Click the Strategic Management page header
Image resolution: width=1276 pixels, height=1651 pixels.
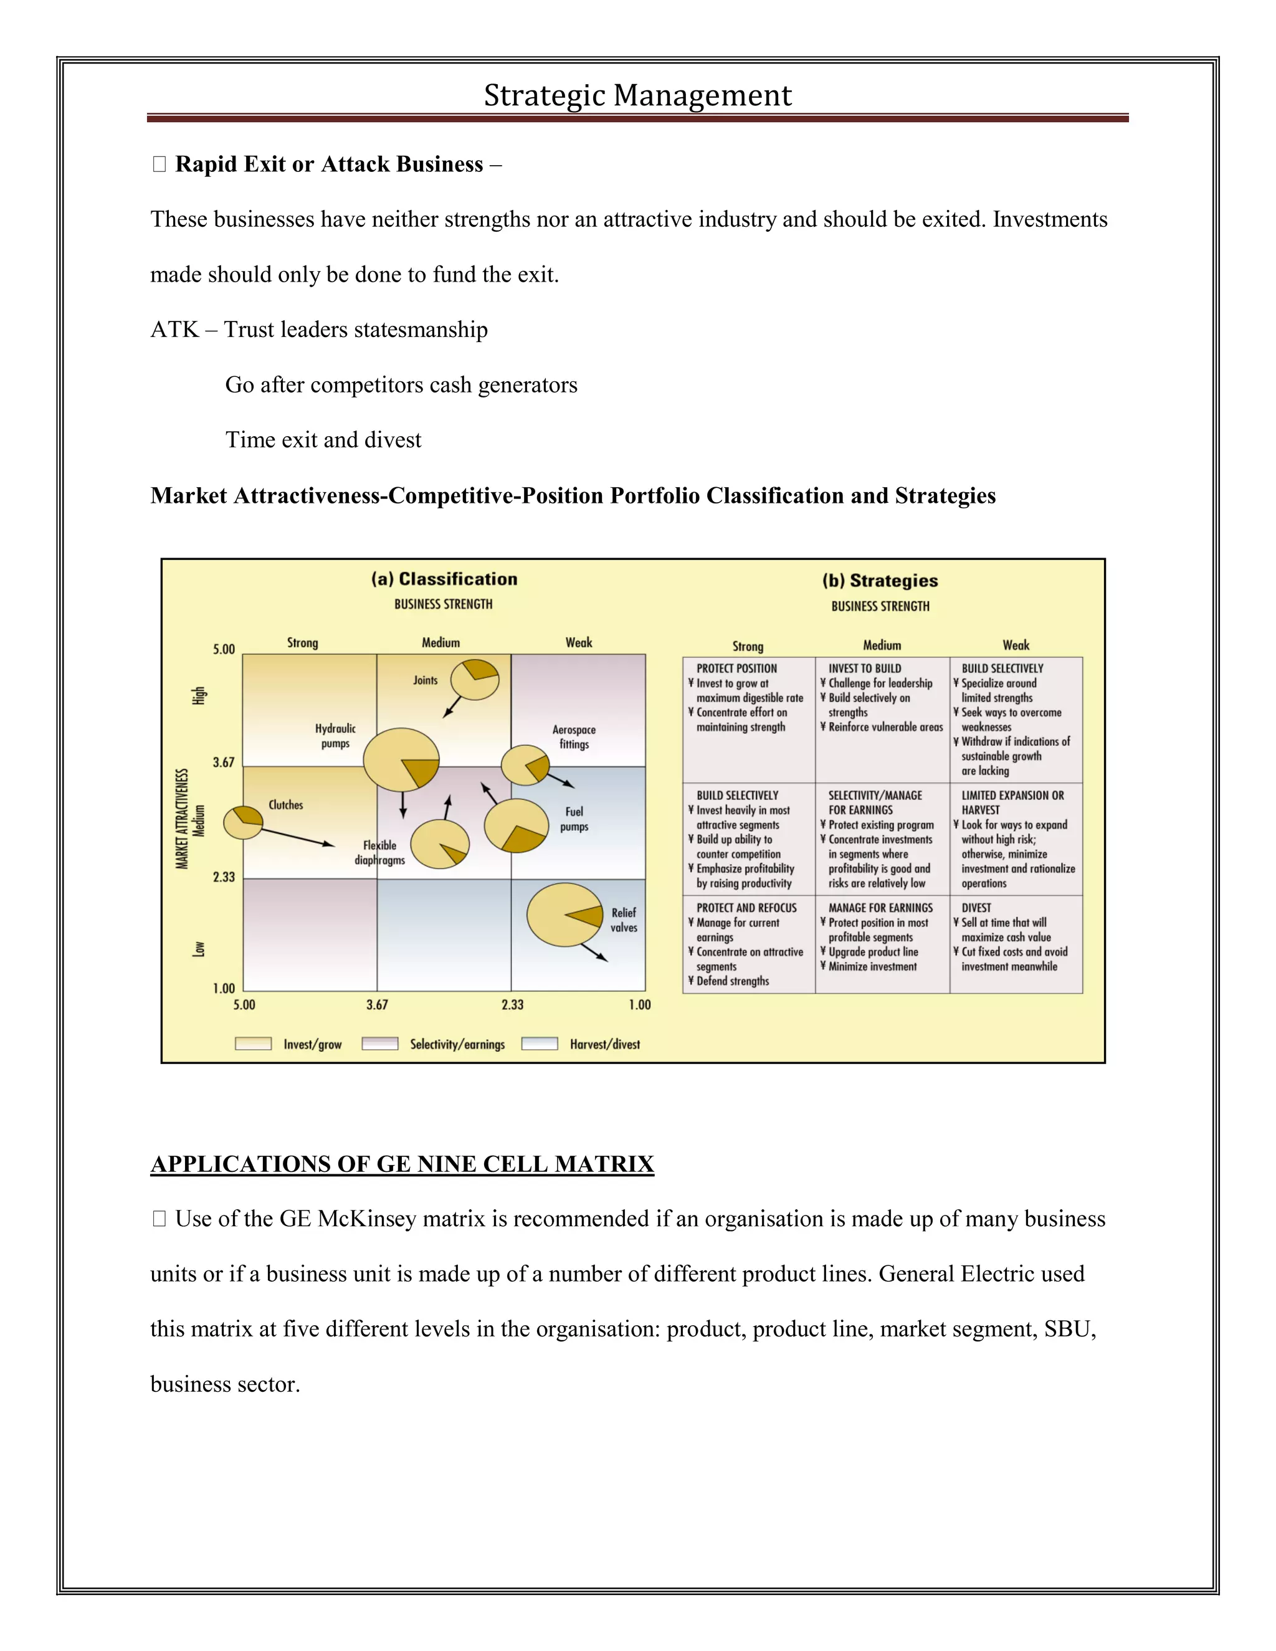(637, 96)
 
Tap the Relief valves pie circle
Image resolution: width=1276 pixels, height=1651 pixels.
(564, 915)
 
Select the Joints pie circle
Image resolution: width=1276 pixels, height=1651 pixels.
(475, 679)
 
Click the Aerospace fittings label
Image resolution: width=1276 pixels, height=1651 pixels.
(574, 737)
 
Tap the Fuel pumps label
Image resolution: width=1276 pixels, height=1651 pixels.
(574, 819)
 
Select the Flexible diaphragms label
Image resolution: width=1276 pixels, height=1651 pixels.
(379, 853)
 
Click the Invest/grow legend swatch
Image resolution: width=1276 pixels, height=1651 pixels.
(253, 1044)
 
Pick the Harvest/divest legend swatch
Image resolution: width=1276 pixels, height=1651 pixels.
(540, 1044)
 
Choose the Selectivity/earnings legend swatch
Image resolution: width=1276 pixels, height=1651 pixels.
(380, 1044)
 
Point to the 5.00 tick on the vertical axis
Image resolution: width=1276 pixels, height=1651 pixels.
(224, 649)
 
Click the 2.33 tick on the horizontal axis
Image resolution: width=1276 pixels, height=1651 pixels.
(513, 1005)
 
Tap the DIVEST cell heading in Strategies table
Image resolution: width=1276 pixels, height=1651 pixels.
(976, 908)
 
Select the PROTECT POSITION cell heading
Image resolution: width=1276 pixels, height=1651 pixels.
(736, 668)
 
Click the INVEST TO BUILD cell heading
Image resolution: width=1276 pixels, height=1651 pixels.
(865, 668)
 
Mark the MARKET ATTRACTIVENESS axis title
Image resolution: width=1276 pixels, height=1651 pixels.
(182, 819)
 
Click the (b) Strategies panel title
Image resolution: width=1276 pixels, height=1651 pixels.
(880, 581)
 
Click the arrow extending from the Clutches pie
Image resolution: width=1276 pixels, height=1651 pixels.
(298, 837)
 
